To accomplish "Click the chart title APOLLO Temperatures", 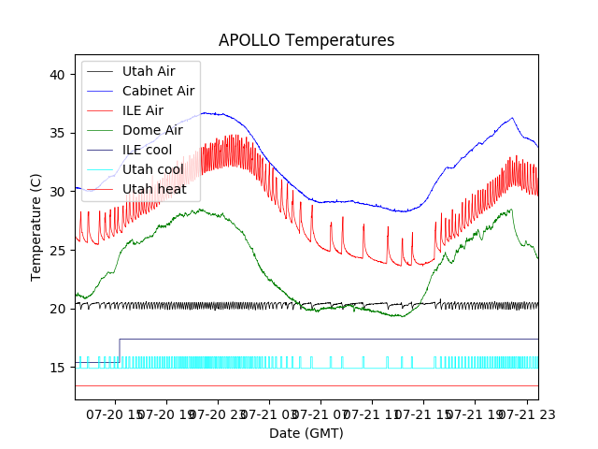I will pos(306,41).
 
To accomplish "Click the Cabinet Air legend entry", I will pos(158,91).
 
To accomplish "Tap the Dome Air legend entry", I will pos(152,130).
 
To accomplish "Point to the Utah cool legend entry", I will pos(152,169).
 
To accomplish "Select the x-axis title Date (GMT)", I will pos(306,433).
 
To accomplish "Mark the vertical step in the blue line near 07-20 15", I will pos(120,348).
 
